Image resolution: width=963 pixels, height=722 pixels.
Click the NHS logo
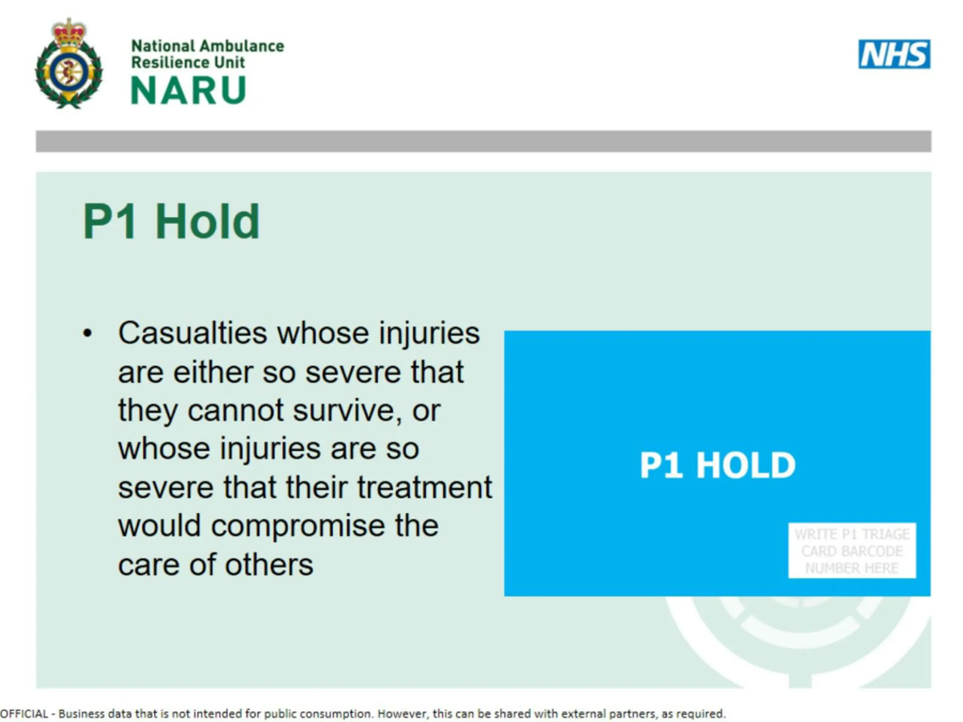(x=894, y=54)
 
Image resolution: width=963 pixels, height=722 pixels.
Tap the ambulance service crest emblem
(x=69, y=64)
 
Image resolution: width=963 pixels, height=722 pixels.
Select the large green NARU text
(x=188, y=90)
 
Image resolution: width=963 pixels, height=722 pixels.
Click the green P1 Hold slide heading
(x=171, y=221)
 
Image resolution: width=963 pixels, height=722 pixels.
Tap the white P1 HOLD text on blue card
(x=717, y=465)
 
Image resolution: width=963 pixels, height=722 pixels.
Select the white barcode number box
(x=852, y=551)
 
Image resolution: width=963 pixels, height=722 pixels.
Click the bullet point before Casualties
(x=88, y=334)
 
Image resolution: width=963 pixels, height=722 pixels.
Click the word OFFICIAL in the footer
(x=24, y=714)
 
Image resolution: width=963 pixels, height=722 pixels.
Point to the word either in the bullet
(x=213, y=372)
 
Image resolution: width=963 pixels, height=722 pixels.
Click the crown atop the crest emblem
(x=69, y=31)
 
